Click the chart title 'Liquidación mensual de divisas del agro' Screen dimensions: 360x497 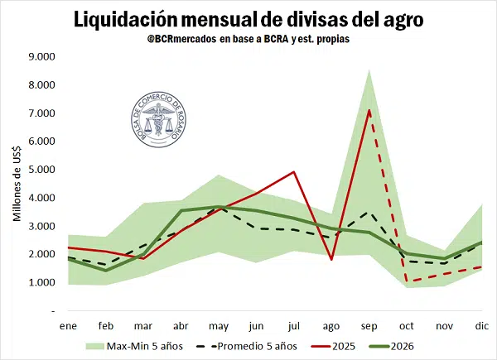(x=248, y=18)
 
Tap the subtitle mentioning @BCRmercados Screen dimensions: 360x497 (x=248, y=39)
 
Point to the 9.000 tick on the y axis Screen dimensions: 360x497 (x=41, y=57)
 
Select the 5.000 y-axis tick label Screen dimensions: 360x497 (x=41, y=170)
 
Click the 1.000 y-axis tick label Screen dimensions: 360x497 (x=41, y=282)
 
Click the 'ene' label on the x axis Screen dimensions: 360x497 (x=68, y=325)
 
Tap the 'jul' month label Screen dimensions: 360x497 (x=294, y=325)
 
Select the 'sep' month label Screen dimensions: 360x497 (x=369, y=325)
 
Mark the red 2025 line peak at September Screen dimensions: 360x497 (x=369, y=110)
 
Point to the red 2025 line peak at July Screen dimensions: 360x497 (x=294, y=172)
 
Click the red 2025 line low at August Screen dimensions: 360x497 (x=331, y=259)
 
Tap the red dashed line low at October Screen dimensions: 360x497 (x=407, y=281)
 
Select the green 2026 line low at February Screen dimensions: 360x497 (x=105, y=270)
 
